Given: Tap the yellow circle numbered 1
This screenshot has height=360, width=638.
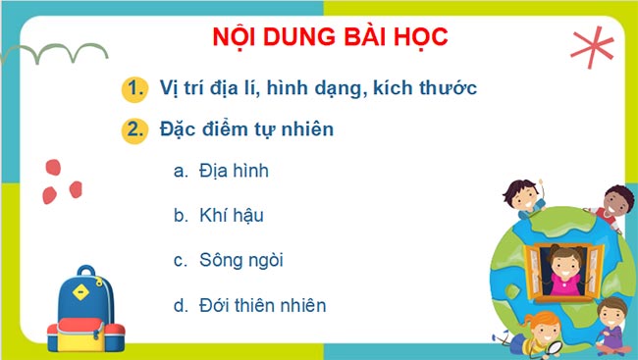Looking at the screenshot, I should point(135,89).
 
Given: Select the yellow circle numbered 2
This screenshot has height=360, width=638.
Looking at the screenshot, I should point(135,129).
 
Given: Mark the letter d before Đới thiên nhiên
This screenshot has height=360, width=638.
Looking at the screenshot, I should point(180,305).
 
